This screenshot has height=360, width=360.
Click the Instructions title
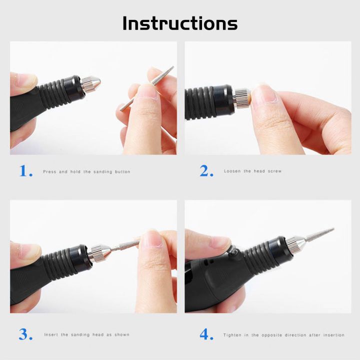coord(180,23)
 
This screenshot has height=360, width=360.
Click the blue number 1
coord(25,171)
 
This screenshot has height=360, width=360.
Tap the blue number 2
coord(206,171)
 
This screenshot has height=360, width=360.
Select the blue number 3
coord(25,334)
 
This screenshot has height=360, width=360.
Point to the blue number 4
coord(206,334)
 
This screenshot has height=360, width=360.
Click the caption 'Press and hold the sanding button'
coord(86,171)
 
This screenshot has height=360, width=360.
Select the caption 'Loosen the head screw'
coord(252,171)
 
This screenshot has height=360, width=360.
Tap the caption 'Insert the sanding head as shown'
coord(86,334)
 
